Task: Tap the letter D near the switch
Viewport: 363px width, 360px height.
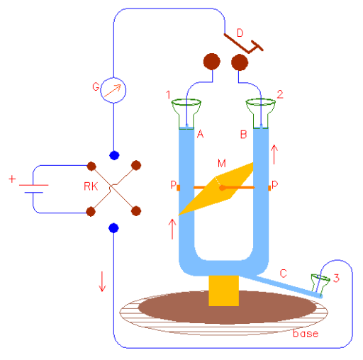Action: (240, 33)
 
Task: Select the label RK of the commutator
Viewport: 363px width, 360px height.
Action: (91, 186)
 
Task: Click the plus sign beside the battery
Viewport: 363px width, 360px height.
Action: (12, 179)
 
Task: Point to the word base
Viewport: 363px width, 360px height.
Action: (306, 333)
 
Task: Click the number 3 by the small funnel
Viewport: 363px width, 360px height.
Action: (336, 278)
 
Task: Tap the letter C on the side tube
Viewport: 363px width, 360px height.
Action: (284, 274)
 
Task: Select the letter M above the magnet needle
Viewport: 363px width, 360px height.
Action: (222, 163)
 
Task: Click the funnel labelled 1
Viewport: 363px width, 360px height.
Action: (186, 114)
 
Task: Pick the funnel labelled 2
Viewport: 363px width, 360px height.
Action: (261, 114)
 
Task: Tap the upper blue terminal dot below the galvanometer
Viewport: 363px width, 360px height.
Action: (114, 155)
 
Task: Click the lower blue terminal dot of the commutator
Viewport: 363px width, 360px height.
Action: (113, 228)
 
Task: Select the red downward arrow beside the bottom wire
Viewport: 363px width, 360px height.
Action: (102, 281)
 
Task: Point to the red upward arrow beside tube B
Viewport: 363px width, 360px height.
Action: (274, 154)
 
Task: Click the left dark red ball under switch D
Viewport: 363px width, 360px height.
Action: (212, 62)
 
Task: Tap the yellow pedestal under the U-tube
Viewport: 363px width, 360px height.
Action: (223, 291)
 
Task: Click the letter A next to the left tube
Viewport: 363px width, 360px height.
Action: (200, 134)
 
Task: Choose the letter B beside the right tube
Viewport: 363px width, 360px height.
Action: (243, 135)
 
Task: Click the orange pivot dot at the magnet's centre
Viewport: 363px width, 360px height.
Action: (222, 188)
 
